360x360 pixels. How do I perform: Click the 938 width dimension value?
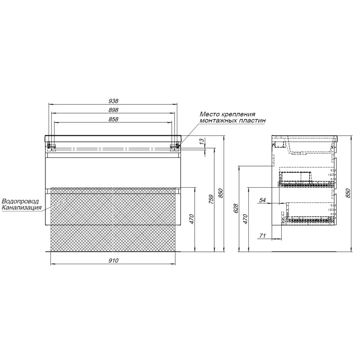(113, 101)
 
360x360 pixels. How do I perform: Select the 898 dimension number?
(113, 110)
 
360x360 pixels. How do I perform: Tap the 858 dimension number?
(113, 119)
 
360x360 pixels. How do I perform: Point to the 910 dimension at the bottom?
(113, 261)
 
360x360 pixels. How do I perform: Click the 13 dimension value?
(202, 141)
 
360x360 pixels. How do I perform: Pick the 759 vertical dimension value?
(211, 199)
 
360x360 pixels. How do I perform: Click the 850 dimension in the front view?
(220, 193)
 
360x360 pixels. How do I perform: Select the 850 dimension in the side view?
(348, 193)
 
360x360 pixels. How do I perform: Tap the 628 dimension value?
(236, 208)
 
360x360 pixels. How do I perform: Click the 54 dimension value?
(262, 200)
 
